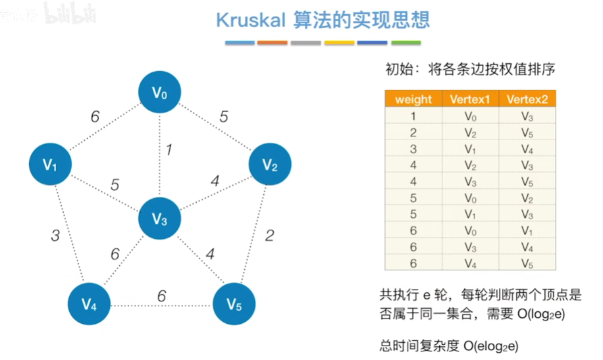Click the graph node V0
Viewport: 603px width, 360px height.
160,93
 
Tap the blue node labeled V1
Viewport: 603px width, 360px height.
51,165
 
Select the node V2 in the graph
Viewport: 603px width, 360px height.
270,164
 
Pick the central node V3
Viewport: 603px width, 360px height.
160,219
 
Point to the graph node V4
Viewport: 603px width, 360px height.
90,303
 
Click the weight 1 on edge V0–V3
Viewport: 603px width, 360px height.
169,150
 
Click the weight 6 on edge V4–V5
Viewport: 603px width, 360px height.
161,296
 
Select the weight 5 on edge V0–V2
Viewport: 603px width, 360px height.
224,116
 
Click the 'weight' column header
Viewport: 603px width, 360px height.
413,99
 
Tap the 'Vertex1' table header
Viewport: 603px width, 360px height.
470,99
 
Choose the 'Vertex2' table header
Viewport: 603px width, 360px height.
527,99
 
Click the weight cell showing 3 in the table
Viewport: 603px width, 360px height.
413,149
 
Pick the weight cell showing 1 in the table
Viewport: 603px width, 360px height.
413,116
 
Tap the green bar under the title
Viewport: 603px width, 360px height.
406,43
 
